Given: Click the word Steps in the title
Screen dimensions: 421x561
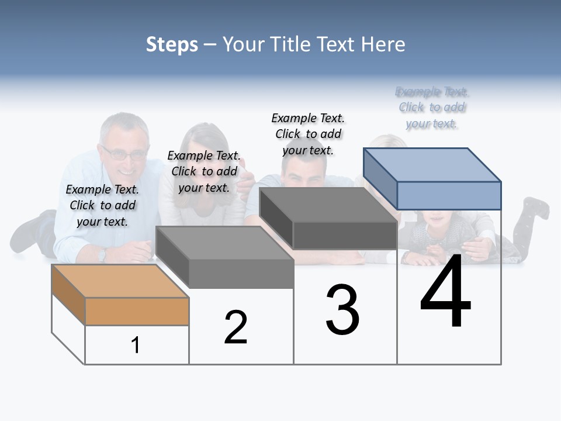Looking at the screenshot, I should click(172, 44).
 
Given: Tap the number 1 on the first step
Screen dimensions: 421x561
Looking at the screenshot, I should click(136, 345).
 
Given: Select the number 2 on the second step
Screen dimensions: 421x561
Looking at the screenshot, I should click(236, 327).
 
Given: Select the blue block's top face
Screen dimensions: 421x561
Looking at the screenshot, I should click(432, 164).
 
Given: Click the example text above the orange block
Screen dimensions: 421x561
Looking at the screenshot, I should click(102, 205).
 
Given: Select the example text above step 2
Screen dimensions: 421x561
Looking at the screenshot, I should click(204, 171).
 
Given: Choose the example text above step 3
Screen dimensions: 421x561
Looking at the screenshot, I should click(308, 134).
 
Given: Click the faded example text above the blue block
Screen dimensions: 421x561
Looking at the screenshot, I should click(432, 108).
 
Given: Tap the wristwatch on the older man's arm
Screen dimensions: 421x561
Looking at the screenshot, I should click(103, 254).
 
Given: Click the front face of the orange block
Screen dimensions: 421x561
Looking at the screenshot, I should click(137, 311).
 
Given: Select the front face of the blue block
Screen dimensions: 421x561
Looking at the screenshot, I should click(449, 195).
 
